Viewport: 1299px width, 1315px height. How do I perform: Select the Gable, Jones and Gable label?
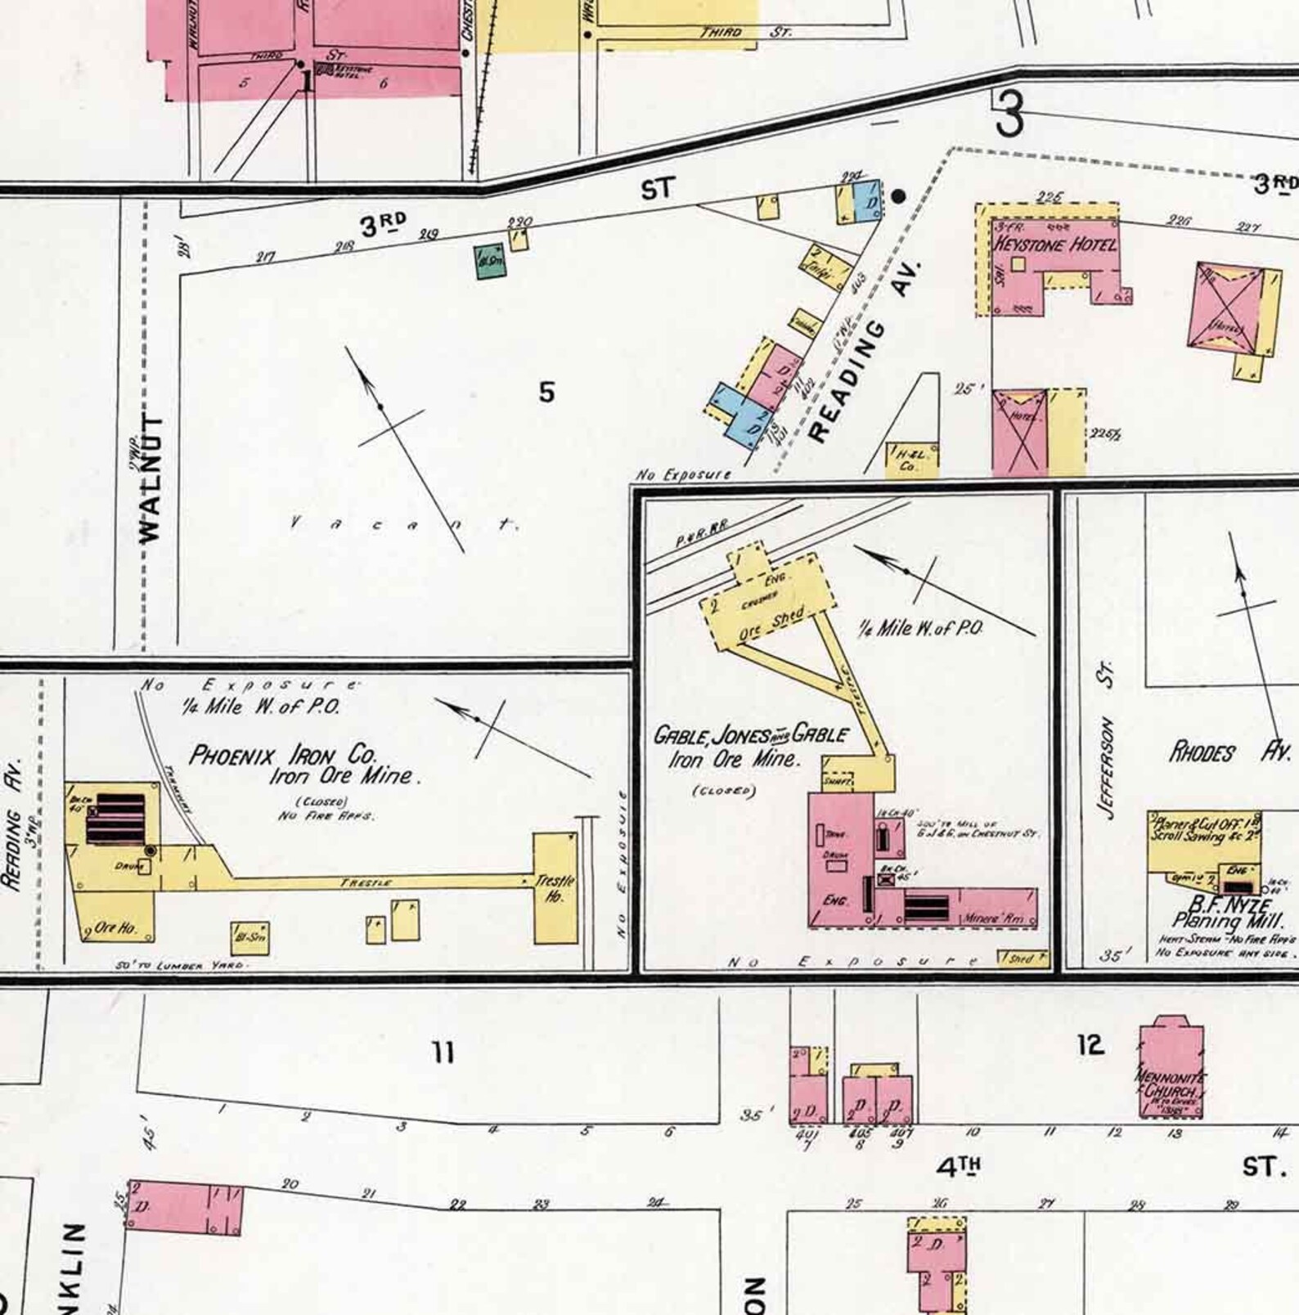click(x=750, y=735)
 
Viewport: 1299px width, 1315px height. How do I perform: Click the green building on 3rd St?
click(x=491, y=261)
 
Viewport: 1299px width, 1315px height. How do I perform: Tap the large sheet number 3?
click(x=1009, y=114)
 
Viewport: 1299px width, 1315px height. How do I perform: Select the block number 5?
click(x=546, y=393)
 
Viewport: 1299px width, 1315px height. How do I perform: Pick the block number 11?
click(x=443, y=1052)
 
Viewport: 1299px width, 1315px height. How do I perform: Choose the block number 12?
click(x=1091, y=1044)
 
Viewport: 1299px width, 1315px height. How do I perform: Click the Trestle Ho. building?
click(x=555, y=888)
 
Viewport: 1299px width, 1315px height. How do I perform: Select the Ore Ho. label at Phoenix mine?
click(x=115, y=928)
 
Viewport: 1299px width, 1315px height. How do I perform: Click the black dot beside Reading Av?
click(x=899, y=195)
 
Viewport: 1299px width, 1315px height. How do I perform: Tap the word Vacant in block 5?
click(x=405, y=524)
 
